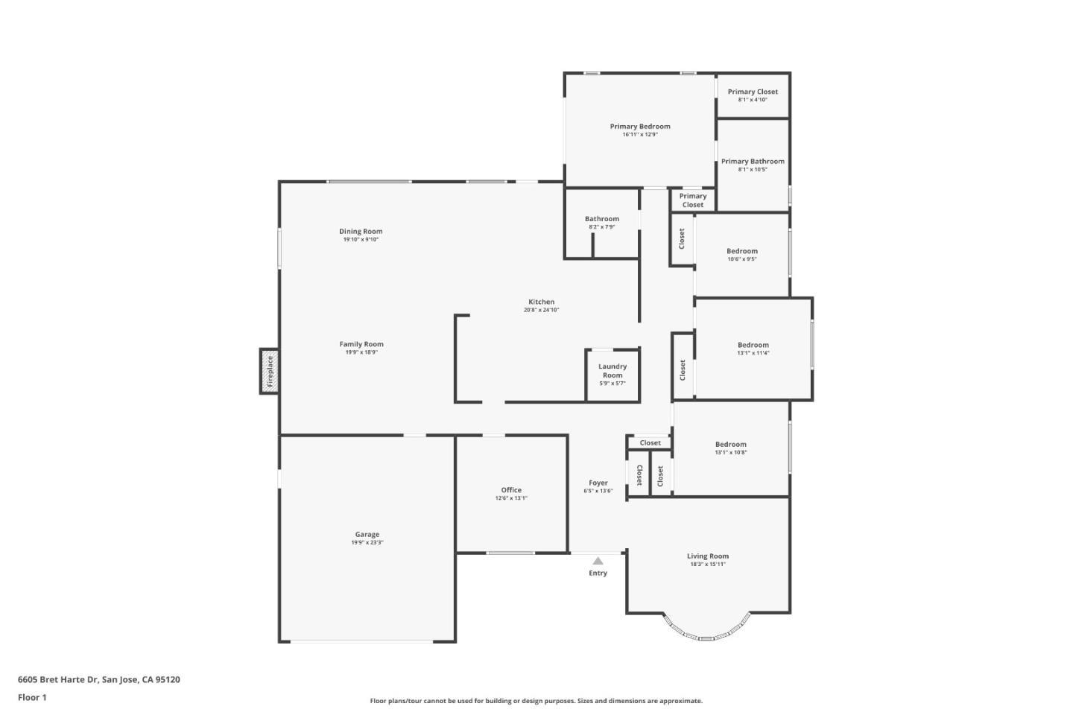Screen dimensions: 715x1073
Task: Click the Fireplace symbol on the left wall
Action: click(x=270, y=371)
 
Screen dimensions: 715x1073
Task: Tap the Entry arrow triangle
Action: click(x=598, y=561)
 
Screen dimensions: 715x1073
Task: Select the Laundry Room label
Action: click(x=613, y=371)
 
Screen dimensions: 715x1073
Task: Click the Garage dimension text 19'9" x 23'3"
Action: click(x=367, y=543)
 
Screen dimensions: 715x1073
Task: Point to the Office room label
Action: click(x=511, y=490)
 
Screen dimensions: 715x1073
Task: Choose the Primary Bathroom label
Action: click(x=753, y=161)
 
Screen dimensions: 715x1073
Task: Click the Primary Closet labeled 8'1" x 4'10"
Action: click(x=753, y=95)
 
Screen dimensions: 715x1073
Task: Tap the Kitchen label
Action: click(x=541, y=302)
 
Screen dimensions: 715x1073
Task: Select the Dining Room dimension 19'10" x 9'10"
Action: click(x=361, y=240)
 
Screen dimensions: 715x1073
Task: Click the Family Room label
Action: click(x=361, y=344)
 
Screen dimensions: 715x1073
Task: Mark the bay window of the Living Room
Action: click(x=707, y=630)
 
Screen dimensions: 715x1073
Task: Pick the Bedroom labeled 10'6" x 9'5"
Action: click(x=742, y=255)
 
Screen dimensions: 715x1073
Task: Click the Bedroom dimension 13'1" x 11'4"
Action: click(x=753, y=353)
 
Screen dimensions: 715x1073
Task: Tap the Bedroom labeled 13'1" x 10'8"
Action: click(x=731, y=448)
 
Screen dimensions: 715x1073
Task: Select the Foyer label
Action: click(x=598, y=483)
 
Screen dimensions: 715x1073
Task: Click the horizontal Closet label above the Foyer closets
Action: click(x=650, y=442)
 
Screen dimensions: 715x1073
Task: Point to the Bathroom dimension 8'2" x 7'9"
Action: click(x=601, y=227)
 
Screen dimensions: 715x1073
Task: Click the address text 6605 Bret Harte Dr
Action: click(x=58, y=679)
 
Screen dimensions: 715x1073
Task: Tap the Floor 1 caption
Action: click(x=32, y=698)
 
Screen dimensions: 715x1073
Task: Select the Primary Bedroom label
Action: click(x=640, y=126)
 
